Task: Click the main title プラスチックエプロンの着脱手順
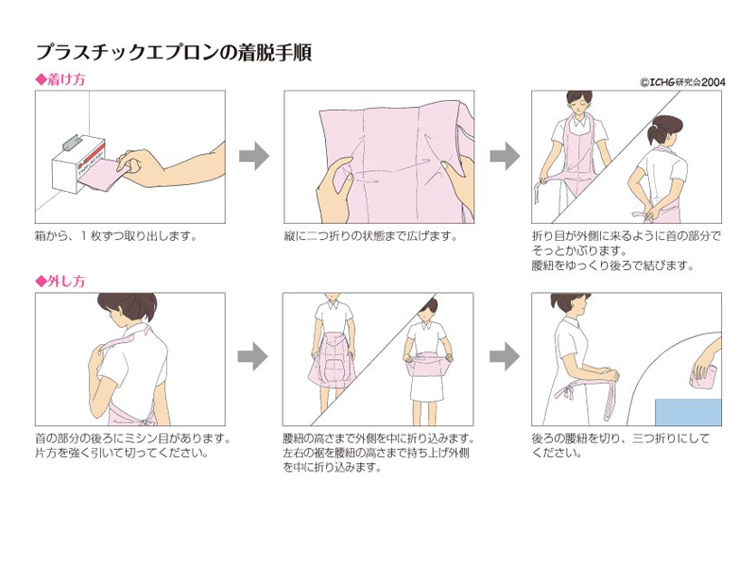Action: click(174, 53)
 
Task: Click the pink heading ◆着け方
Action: click(60, 79)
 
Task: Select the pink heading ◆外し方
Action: click(60, 281)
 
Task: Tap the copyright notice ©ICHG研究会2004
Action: click(682, 82)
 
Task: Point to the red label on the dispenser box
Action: click(93, 154)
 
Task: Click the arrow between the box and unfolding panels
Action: click(254, 156)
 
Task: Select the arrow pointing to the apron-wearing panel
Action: click(505, 156)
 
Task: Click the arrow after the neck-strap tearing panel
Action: click(252, 357)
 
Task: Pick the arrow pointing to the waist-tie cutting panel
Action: click(505, 357)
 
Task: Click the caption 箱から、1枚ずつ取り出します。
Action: click(116, 236)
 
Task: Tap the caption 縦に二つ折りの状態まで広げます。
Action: click(370, 236)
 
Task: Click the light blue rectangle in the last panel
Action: click(688, 412)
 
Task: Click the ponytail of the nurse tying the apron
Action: click(654, 133)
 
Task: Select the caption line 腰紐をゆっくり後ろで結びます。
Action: click(612, 266)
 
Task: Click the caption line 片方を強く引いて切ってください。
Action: click(122, 454)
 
